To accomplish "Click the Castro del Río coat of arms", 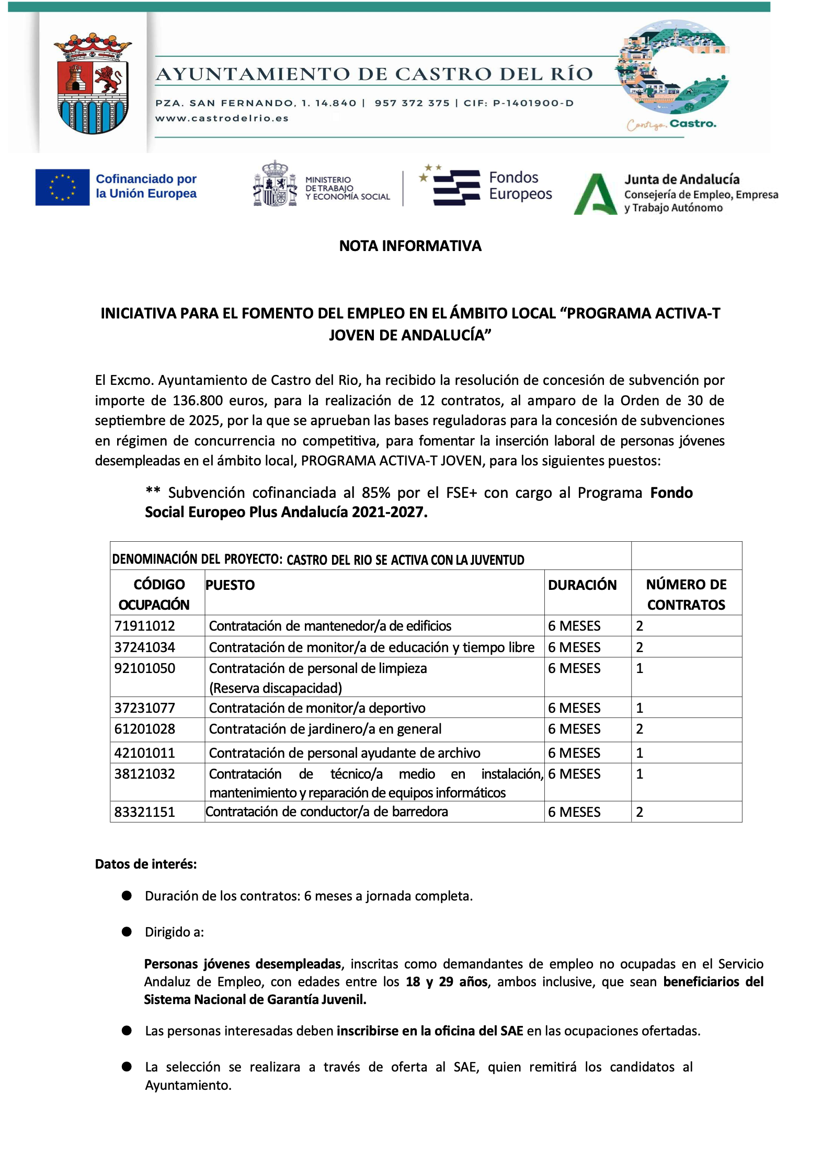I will click(x=93, y=84).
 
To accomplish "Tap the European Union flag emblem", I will click(x=62, y=187).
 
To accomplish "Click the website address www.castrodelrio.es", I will click(x=222, y=118).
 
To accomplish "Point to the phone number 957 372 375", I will click(x=412, y=103).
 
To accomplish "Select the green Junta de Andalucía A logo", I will click(x=595, y=194).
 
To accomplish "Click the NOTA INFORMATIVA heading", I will click(x=410, y=246).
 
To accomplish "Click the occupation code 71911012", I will click(x=144, y=626).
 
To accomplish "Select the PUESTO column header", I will click(x=230, y=585).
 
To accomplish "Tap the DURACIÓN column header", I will click(x=582, y=585).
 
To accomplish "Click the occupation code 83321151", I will click(x=144, y=812).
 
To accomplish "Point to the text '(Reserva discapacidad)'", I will click(x=276, y=688).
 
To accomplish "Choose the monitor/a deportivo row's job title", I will click(x=317, y=708).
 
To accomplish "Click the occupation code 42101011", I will click(x=144, y=753).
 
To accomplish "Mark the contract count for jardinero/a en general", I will click(x=640, y=729).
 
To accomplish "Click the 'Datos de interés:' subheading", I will click(x=146, y=864).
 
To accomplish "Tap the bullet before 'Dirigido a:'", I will click(x=127, y=932).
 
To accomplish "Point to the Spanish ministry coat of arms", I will click(x=275, y=184).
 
